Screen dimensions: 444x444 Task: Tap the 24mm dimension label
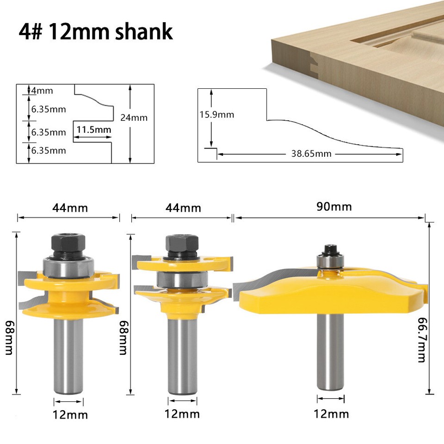click(134, 117)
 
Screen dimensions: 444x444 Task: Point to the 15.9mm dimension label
click(216, 115)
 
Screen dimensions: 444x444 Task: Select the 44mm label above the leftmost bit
click(70, 208)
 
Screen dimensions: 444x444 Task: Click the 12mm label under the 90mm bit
click(331, 413)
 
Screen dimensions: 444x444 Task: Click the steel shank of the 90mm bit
click(330, 351)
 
